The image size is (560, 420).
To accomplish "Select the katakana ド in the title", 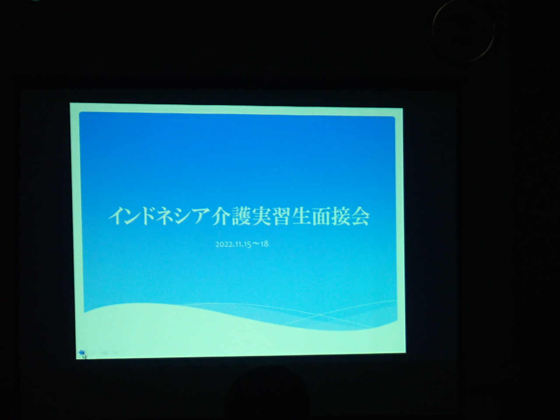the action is point(151,217).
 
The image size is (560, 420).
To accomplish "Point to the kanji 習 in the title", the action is point(281,217).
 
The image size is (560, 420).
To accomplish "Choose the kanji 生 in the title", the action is point(301,217).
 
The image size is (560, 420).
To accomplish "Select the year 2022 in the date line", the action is point(224,244).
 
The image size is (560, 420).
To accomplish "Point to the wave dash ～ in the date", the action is point(255,244).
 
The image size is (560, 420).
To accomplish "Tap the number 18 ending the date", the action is point(264,244).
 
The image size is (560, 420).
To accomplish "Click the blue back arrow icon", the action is point(82,353).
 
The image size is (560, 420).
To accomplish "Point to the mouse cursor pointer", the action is point(84,356).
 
